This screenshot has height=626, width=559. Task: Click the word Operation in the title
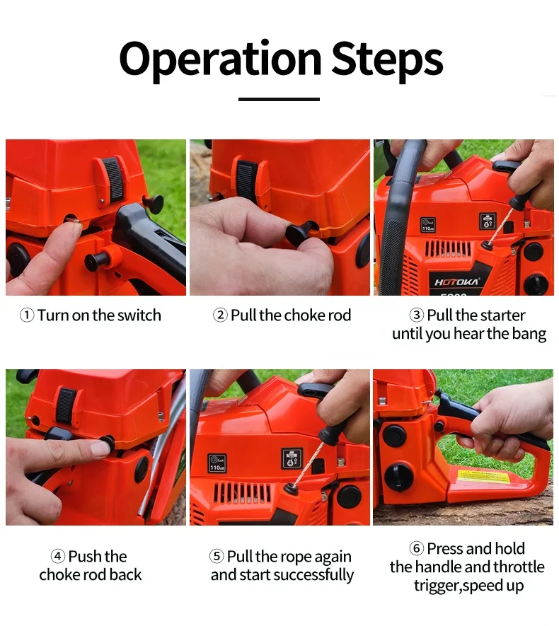pos(220,60)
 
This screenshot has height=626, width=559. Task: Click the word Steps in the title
pos(387,60)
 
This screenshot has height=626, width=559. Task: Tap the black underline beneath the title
pos(279,99)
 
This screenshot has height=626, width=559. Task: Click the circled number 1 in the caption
pos(27,315)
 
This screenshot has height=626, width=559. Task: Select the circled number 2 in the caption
pos(220,315)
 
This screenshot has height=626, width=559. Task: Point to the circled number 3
pos(417,315)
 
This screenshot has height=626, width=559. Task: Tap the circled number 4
pos(57,556)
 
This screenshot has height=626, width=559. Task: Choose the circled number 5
pos(217,556)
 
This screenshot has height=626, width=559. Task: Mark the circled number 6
pos(417,549)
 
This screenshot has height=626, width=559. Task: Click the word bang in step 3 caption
pos(529,334)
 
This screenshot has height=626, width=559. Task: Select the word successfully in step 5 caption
pos(313,575)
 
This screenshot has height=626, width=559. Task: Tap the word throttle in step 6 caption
pos(519,567)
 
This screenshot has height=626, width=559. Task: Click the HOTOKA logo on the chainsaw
pos(456,282)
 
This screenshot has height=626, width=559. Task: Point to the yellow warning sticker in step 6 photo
pos(484,476)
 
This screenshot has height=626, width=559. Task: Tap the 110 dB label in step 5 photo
pos(217,463)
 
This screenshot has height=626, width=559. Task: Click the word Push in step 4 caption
pos(86,556)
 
